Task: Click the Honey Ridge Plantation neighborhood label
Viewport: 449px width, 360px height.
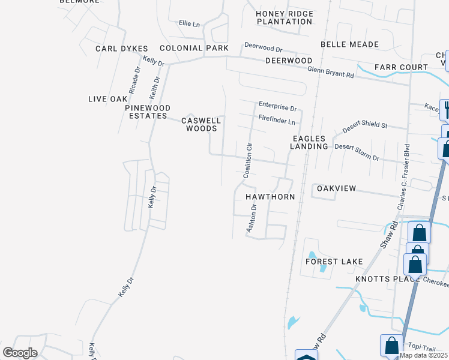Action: pyautogui.click(x=285, y=17)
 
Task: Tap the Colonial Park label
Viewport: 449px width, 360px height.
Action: pyautogui.click(x=194, y=48)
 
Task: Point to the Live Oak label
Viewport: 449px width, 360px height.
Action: pyautogui.click(x=108, y=99)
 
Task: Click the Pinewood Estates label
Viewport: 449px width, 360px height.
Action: pyautogui.click(x=146, y=112)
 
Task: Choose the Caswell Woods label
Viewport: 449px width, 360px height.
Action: pyautogui.click(x=202, y=124)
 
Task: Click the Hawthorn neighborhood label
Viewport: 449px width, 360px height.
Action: pyautogui.click(x=270, y=197)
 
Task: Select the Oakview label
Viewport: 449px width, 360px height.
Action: pyautogui.click(x=336, y=188)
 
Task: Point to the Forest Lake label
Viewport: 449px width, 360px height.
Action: pyautogui.click(x=334, y=262)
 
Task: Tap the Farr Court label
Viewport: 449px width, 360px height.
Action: pyautogui.click(x=401, y=67)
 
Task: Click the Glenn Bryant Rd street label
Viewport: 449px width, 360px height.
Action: pyautogui.click(x=331, y=70)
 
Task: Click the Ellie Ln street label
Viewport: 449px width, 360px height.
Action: pyautogui.click(x=189, y=23)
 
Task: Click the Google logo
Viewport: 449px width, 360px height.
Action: pyautogui.click(x=20, y=352)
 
